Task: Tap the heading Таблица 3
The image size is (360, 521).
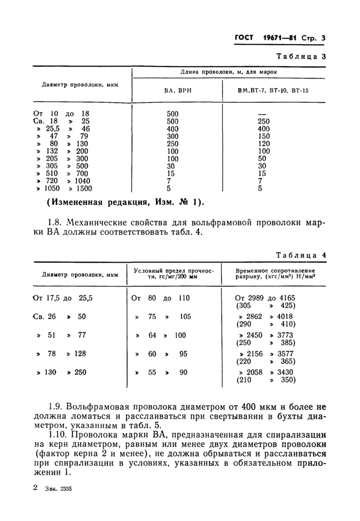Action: coord(301,57)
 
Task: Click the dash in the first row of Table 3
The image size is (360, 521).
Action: coord(262,114)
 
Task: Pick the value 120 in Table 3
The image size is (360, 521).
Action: coord(263,144)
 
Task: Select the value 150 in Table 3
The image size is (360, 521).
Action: coord(263,136)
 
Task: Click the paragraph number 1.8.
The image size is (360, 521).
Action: coord(54,224)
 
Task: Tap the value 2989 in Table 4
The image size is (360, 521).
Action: coord(257,297)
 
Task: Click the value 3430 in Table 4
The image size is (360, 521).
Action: coord(287,372)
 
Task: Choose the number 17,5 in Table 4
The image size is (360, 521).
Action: coord(53,297)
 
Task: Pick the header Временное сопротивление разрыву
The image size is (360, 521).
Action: coord(275,274)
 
